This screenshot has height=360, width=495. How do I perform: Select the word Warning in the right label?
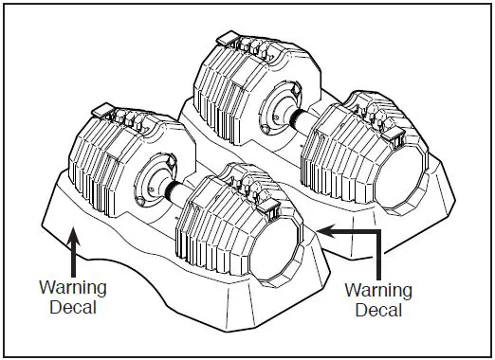click(376, 292)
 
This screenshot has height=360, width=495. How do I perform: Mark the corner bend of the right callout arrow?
click(378, 229)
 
